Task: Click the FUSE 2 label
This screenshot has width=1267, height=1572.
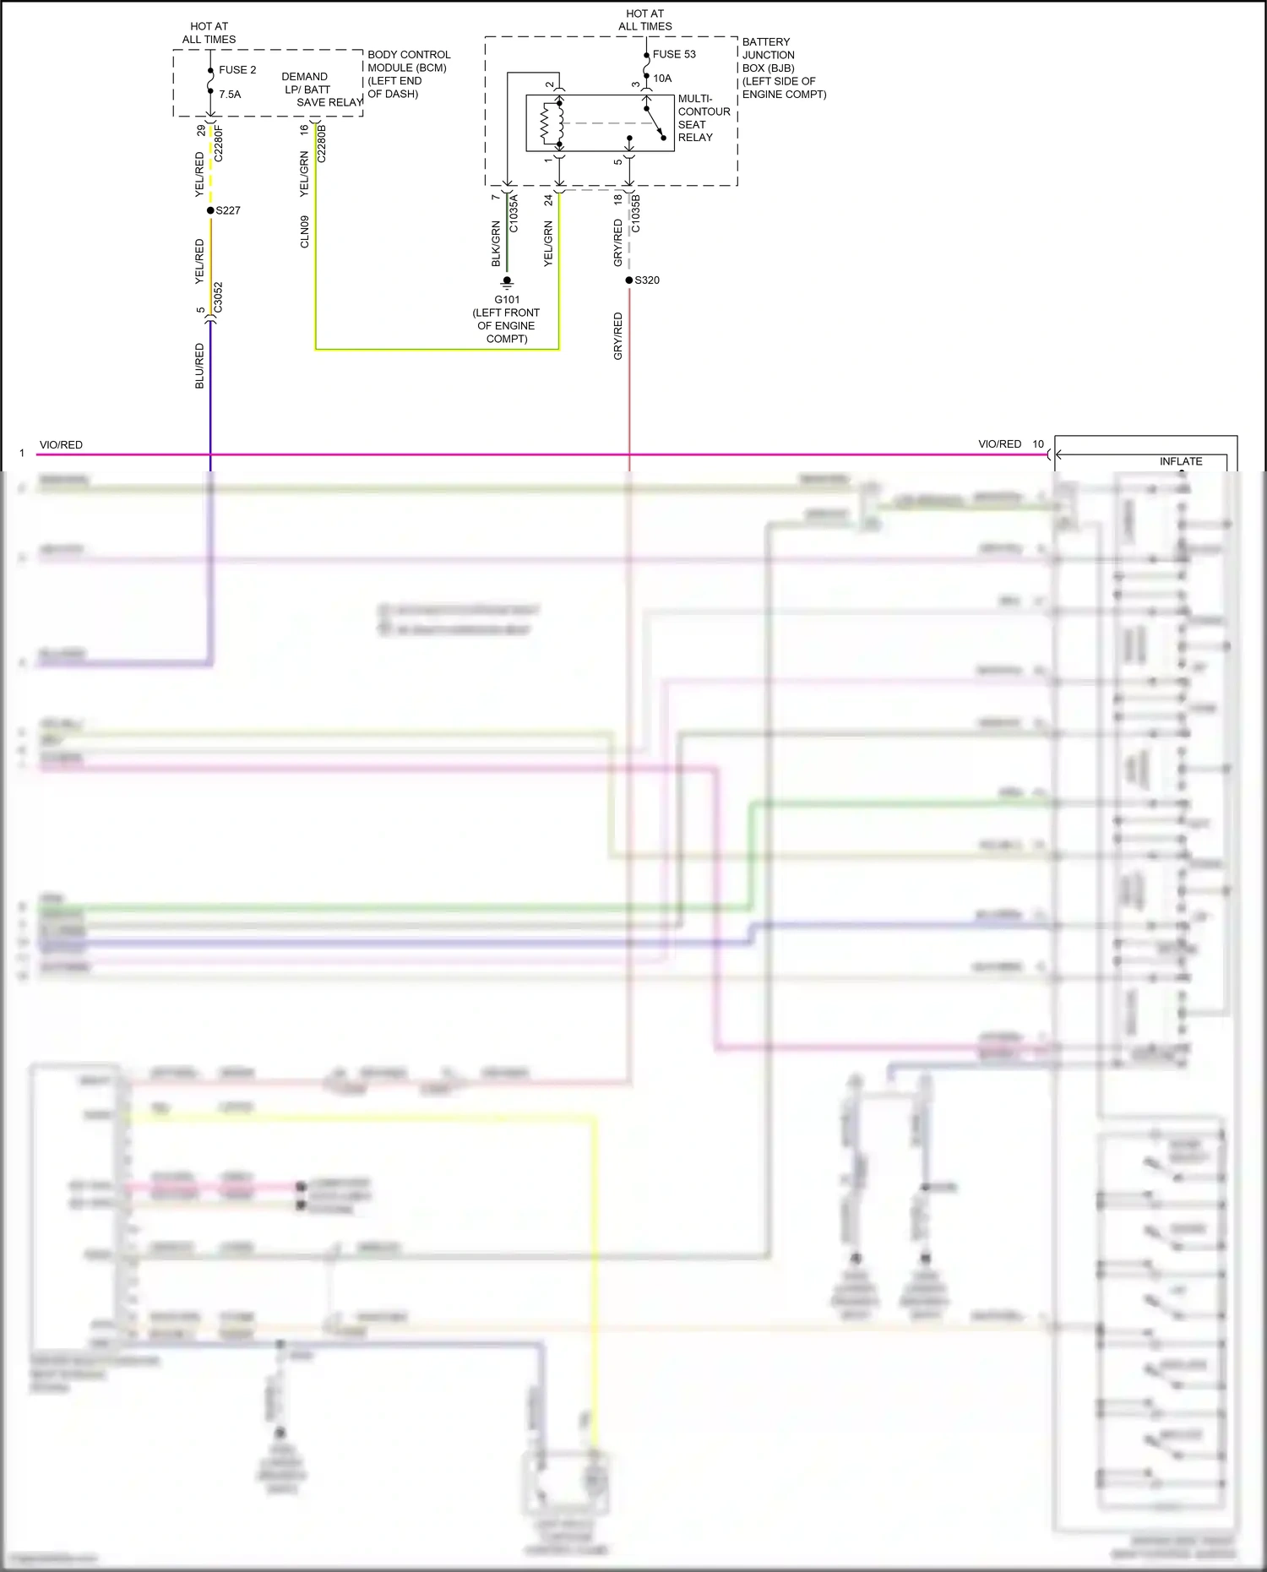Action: pos(237,70)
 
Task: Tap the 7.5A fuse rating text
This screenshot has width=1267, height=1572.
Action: pos(230,95)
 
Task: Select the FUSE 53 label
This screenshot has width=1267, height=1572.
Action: pos(674,54)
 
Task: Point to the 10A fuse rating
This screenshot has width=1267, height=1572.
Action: pos(662,79)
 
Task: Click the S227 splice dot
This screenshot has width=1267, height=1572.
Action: pos(210,210)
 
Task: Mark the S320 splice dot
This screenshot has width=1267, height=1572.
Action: pos(629,280)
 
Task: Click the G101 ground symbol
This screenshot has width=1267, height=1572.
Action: pos(507,281)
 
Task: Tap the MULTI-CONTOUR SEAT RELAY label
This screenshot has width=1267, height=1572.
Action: pos(703,118)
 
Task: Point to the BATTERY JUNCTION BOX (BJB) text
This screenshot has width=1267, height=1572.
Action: pos(782,68)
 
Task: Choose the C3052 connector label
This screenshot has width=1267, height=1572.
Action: pos(218,297)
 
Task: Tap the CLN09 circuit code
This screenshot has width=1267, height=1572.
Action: pos(305,231)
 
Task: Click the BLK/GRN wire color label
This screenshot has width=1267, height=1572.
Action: pos(496,244)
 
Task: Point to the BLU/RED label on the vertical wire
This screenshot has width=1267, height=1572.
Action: pos(199,366)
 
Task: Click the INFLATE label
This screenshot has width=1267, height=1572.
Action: pos(1180,461)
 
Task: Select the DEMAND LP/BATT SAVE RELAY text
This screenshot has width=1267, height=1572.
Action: pos(317,90)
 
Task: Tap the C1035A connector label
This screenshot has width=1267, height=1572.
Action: pos(514,214)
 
